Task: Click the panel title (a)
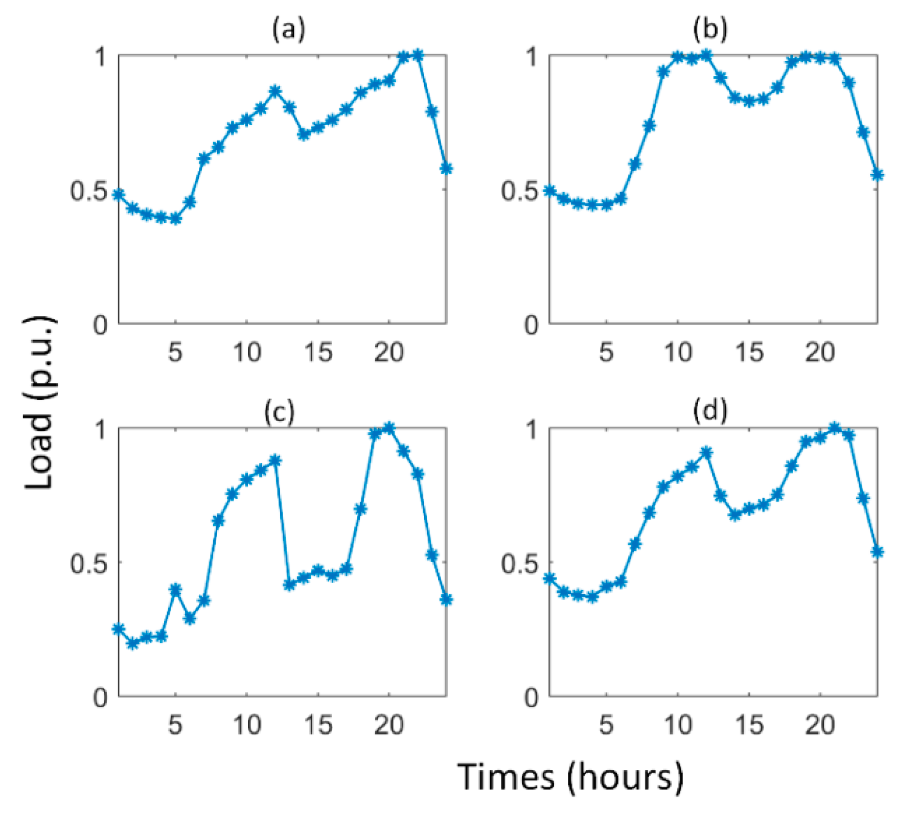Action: (289, 30)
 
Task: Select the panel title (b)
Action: (710, 30)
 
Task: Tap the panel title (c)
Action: (280, 412)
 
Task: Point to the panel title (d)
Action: (710, 412)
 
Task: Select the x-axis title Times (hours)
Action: (570, 777)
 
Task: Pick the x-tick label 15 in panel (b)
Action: (749, 353)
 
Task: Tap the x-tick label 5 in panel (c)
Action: (175, 725)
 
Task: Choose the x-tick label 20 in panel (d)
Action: (820, 725)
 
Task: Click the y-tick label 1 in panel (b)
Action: (533, 57)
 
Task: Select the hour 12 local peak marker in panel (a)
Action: (275, 91)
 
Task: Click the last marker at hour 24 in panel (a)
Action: (446, 168)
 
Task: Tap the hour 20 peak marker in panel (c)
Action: (389, 428)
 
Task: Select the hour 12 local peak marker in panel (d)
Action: (706, 453)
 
